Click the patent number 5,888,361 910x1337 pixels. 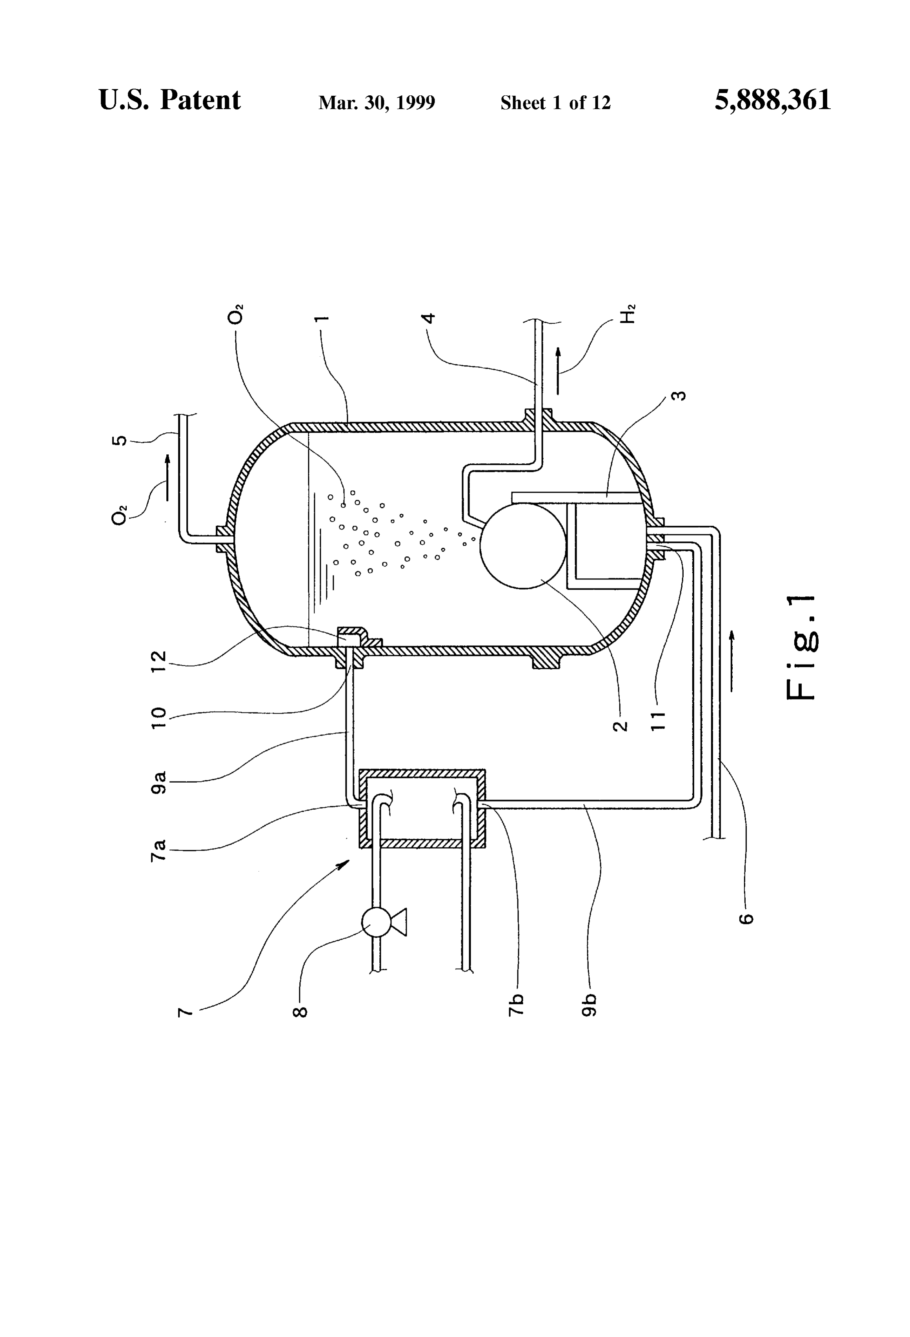773,100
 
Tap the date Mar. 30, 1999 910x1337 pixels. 377,102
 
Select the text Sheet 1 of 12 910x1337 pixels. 555,102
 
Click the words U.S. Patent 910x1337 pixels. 170,100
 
